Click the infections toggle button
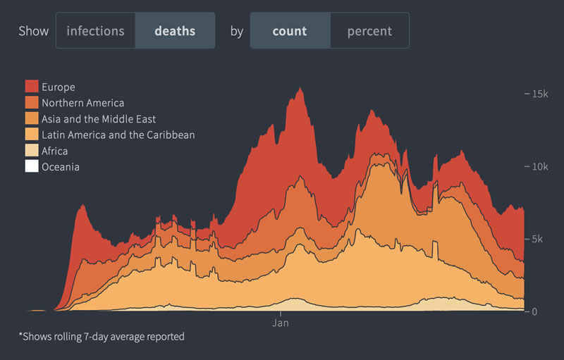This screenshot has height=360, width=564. (x=95, y=31)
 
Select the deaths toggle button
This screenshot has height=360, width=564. (x=175, y=31)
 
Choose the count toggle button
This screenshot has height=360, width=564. (x=290, y=31)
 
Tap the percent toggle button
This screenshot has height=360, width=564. (x=369, y=31)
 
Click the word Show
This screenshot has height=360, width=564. (x=33, y=31)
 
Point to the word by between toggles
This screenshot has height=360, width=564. (x=236, y=31)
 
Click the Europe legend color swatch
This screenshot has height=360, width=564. (x=32, y=87)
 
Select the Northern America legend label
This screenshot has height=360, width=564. (x=82, y=103)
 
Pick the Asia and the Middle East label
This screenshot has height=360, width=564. (x=99, y=119)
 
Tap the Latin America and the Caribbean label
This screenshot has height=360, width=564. (x=118, y=135)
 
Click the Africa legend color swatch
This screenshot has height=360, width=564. (x=32, y=151)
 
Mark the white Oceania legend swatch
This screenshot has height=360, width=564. (x=32, y=167)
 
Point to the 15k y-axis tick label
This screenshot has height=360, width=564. (x=539, y=94)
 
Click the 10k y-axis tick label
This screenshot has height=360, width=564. (x=539, y=166)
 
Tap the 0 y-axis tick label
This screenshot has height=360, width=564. (x=536, y=311)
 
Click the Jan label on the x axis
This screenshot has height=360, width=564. (x=281, y=324)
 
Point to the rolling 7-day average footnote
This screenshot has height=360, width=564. (x=102, y=337)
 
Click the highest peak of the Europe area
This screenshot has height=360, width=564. (x=300, y=88)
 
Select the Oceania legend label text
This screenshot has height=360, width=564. (x=61, y=167)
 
